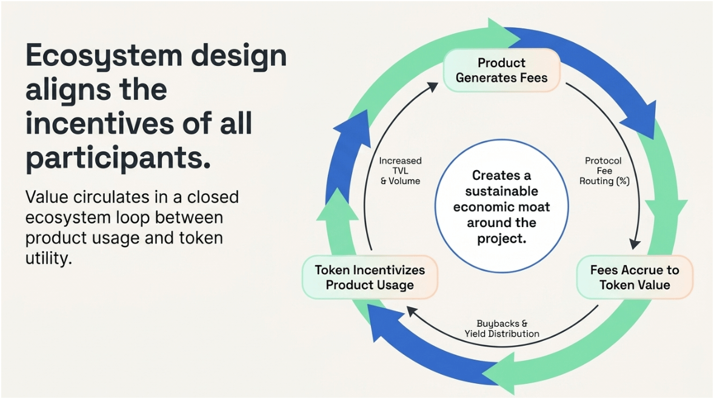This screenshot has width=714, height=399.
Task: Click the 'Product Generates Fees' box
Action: (x=501, y=70)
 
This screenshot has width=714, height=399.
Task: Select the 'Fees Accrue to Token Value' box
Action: (x=635, y=277)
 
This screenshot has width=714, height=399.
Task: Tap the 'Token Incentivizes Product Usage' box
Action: (x=370, y=277)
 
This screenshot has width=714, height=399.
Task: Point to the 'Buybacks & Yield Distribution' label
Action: (x=502, y=329)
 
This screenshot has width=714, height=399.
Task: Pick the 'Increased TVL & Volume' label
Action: (x=400, y=171)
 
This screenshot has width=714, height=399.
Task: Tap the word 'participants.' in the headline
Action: (x=118, y=157)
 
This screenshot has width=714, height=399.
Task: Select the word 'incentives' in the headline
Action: (x=94, y=124)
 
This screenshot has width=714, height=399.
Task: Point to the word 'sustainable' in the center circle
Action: (x=501, y=191)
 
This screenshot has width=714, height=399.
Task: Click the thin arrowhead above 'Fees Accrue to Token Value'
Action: (x=635, y=243)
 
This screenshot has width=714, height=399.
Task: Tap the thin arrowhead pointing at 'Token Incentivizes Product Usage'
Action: (x=412, y=311)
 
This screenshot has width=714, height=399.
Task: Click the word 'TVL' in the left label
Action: (x=400, y=171)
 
